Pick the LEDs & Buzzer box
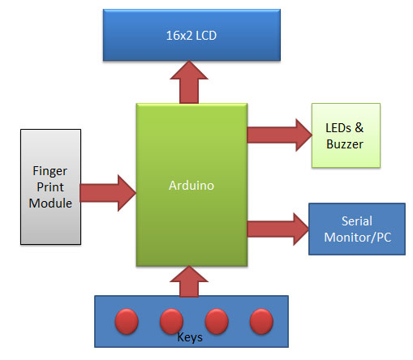[346, 136]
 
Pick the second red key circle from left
[170, 321]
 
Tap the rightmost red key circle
[260, 321]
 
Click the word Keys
[190, 336]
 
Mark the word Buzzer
[346, 144]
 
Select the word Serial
[356, 221]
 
